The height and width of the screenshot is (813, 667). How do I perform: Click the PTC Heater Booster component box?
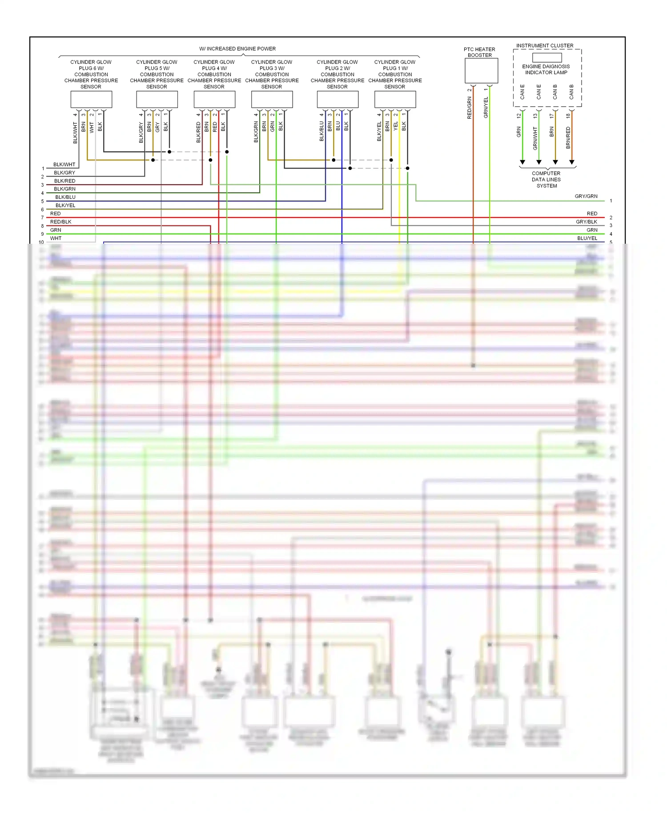(481, 71)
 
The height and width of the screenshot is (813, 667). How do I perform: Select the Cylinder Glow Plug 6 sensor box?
(91, 99)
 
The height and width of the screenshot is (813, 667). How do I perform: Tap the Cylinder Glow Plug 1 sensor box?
(395, 99)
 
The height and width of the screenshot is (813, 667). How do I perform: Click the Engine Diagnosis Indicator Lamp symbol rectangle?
(547, 57)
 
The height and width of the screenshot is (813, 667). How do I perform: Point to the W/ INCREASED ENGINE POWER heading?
(237, 49)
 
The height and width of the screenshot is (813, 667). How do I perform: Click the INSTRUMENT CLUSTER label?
(545, 45)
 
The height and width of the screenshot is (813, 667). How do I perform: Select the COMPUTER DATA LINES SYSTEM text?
(546, 180)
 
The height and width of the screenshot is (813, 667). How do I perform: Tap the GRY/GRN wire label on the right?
(586, 196)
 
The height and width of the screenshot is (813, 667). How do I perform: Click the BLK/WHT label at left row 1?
(64, 165)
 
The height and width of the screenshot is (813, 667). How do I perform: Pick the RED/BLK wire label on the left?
(60, 221)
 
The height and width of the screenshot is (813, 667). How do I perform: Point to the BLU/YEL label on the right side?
(587, 238)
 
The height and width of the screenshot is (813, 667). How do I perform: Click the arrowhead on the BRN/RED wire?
(572, 162)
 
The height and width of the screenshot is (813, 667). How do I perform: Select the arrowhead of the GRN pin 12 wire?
(522, 162)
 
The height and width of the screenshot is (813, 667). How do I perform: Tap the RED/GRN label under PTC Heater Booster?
(470, 108)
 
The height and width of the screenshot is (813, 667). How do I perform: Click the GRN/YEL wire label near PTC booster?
(486, 107)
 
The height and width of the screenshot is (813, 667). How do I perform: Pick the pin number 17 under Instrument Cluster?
(552, 116)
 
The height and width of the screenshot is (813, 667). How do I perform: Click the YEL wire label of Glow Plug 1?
(395, 126)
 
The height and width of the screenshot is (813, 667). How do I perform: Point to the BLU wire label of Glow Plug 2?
(338, 126)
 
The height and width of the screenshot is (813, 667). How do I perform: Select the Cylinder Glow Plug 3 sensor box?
(272, 99)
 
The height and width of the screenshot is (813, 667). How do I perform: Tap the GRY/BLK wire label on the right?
(586, 221)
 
